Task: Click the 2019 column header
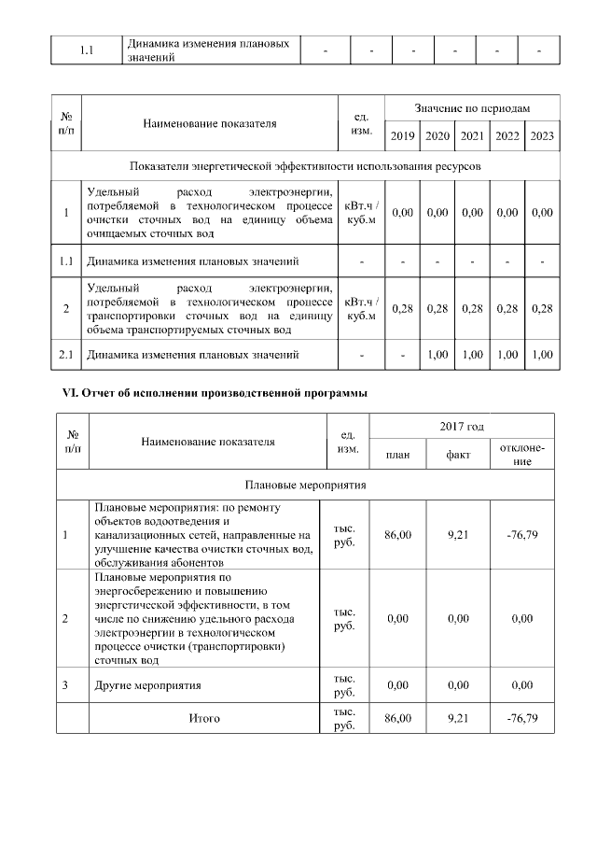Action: pyautogui.click(x=403, y=136)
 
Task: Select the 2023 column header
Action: pyautogui.click(x=542, y=136)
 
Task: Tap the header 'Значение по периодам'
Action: pyautogui.click(x=472, y=109)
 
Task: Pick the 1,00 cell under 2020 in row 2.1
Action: pyautogui.click(x=437, y=355)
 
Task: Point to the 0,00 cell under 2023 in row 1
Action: pyautogui.click(x=542, y=213)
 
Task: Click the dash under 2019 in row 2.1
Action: pyautogui.click(x=403, y=355)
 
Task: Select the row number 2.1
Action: pyautogui.click(x=66, y=355)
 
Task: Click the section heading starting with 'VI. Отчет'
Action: pyautogui.click(x=208, y=393)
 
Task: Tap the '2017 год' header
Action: pyautogui.click(x=462, y=427)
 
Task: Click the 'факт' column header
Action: pyautogui.click(x=457, y=454)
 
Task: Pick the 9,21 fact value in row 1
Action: pyautogui.click(x=457, y=535)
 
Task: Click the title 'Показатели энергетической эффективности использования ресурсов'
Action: pyautogui.click(x=306, y=165)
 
